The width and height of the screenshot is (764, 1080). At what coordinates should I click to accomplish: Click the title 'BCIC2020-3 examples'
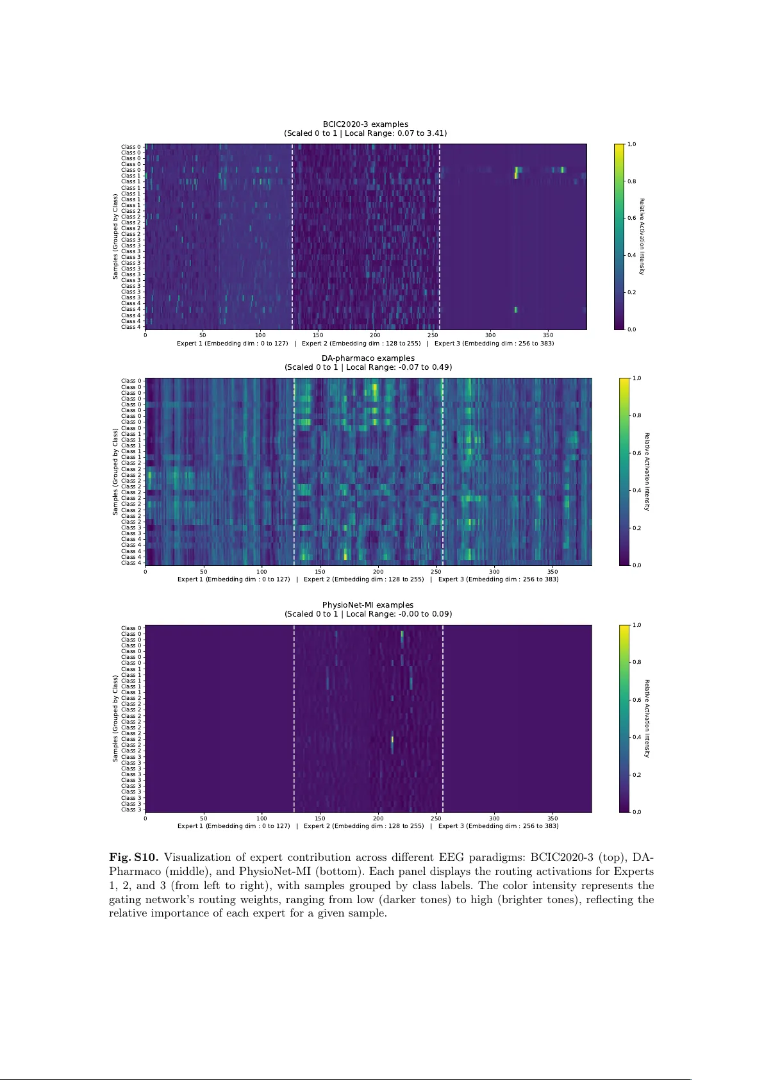coord(365,124)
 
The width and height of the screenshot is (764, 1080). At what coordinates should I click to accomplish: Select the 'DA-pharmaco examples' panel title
coord(368,358)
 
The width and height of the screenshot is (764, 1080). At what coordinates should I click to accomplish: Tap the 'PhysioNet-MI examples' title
coord(368,605)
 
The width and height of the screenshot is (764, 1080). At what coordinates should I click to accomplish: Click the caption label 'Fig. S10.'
coord(133,858)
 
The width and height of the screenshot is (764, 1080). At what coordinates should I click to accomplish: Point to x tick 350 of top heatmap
coord(548,335)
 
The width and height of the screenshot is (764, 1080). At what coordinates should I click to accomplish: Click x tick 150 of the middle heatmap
coord(320,572)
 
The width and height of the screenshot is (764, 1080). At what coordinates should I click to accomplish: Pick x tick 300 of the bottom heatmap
coord(494,818)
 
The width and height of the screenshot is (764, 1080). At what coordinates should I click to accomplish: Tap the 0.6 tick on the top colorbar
coord(631,219)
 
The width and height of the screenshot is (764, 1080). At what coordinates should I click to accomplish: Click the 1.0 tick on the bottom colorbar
coord(636,625)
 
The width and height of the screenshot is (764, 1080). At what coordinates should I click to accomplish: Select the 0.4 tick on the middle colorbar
coord(636,491)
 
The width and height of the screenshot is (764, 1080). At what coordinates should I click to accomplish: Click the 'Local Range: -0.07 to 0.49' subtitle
coord(397,367)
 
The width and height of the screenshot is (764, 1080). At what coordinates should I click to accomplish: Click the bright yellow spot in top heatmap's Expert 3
coord(516,172)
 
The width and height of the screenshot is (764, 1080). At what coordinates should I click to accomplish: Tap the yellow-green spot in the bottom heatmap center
coord(392,741)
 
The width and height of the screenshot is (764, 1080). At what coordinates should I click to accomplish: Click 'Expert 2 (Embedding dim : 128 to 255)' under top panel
coord(361,344)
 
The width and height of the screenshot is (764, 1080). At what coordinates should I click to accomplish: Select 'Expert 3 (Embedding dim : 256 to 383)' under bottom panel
coord(498,826)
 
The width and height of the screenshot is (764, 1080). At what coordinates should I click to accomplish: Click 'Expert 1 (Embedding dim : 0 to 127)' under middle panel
coord(234,579)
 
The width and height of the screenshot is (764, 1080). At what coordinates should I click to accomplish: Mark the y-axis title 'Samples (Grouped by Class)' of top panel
coord(115,237)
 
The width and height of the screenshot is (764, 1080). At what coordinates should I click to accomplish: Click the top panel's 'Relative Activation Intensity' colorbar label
coord(642,237)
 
